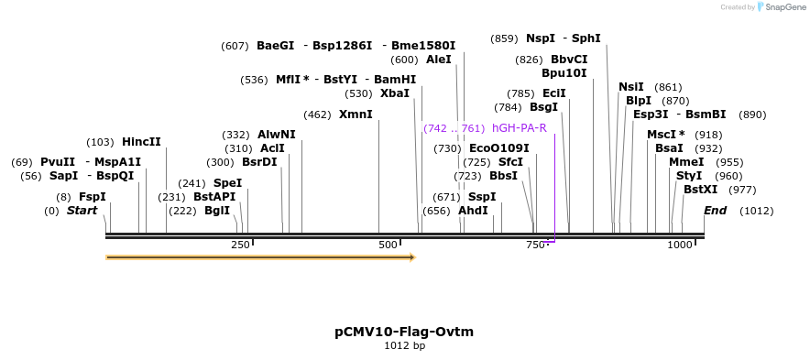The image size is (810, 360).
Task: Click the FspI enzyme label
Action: point(92,197)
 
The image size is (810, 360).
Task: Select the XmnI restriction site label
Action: point(356,115)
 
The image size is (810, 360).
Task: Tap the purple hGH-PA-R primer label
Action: point(519,128)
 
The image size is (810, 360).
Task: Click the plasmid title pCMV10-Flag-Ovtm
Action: point(404,332)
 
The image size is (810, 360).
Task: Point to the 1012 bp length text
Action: point(404,346)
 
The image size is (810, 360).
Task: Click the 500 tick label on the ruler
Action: point(388,245)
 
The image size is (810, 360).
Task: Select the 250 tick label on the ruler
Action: point(240,245)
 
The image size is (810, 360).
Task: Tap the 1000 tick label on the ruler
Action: point(680,245)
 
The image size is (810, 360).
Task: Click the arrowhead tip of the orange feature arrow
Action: point(414,257)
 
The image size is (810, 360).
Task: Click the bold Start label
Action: point(82,211)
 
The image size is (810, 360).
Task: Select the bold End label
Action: point(715,211)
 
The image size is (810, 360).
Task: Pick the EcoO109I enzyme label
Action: point(498,148)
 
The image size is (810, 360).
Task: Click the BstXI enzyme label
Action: point(701,190)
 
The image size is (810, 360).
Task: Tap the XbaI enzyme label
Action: point(394,93)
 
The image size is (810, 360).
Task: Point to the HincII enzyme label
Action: point(141,142)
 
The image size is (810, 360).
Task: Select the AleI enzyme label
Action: point(438,60)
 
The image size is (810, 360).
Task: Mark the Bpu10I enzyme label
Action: point(564,72)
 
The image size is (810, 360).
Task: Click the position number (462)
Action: point(317,115)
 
